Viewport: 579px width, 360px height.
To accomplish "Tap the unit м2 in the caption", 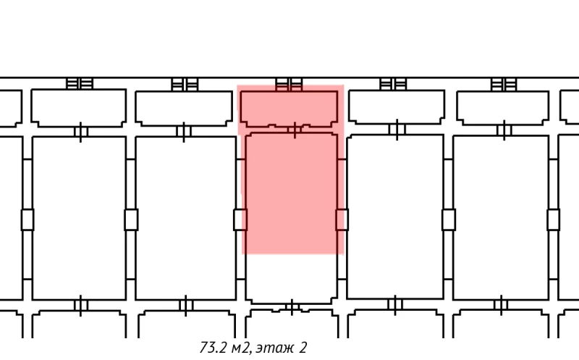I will click(240, 348).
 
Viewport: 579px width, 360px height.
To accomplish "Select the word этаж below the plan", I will click(276, 348).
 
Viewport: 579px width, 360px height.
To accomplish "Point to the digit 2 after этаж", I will click(303, 348).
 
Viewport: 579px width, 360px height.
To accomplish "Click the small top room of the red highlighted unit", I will click(289, 107).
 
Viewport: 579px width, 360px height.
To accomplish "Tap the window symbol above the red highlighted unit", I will click(289, 83).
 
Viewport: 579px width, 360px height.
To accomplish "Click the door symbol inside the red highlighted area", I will click(295, 131).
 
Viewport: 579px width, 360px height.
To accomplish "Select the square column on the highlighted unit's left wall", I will click(240, 219).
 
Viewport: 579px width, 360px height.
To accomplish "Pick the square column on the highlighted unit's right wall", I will click(342, 219).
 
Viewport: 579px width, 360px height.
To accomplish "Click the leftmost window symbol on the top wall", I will click(80, 83).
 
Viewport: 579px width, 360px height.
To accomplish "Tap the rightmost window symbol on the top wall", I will click(502, 83).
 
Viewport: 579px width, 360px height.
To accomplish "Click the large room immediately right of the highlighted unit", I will click(395, 217).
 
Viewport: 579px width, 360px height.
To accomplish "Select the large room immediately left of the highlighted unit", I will click(185, 217).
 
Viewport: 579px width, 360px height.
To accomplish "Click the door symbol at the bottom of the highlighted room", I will click(291, 308).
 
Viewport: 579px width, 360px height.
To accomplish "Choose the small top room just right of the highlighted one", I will click(396, 107).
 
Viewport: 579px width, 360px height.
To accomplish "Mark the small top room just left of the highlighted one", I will click(184, 107).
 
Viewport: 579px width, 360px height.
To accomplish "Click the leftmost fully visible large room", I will click(79, 217).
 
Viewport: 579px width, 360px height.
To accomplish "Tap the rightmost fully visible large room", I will click(501, 217).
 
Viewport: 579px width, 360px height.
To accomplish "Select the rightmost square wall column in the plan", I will click(554, 219).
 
